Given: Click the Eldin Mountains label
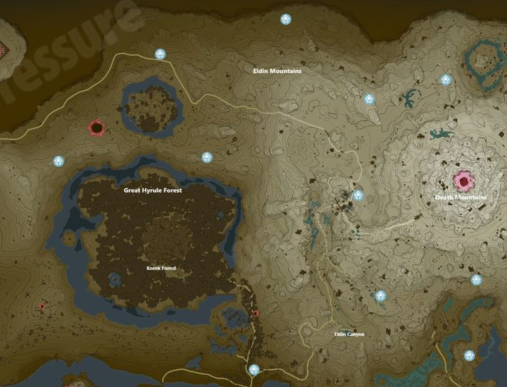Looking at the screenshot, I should click(x=277, y=71).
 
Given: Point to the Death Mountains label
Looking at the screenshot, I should click(x=461, y=197).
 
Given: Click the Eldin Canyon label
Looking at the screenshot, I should click(x=349, y=333).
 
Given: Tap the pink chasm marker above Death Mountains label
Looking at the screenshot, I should click(x=463, y=180).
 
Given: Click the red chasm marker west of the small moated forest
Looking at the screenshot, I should click(x=96, y=128).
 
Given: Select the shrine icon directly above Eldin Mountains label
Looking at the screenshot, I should click(x=286, y=19).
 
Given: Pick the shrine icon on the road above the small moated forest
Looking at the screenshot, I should click(x=161, y=54).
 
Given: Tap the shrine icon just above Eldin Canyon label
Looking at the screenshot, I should click(x=381, y=296).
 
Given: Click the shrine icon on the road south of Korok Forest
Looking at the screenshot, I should click(x=254, y=369).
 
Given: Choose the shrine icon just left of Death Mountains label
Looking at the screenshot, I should click(x=358, y=195).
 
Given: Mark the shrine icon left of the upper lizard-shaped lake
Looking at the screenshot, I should click(x=369, y=99).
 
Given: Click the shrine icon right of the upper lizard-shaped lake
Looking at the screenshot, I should click(x=446, y=80).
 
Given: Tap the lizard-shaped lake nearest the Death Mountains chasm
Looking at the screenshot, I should click(x=442, y=133).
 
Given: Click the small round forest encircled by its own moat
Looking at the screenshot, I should click(x=151, y=108).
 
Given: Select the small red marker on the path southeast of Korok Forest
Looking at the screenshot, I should click(x=256, y=313).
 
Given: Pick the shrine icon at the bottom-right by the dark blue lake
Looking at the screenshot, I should click(x=470, y=355).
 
